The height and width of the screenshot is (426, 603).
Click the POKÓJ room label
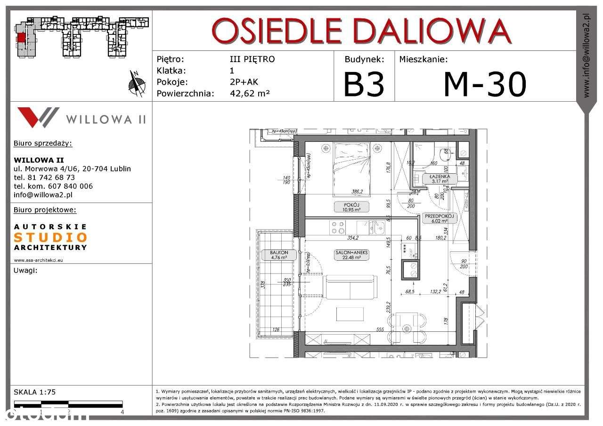pos(349,207)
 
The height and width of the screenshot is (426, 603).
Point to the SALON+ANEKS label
pos(351,255)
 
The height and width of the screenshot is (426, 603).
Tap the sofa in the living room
pos(351,287)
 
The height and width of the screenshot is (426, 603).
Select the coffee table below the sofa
pos(350,314)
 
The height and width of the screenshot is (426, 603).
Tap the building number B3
pos(364,84)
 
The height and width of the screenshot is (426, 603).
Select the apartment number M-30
pos(485,84)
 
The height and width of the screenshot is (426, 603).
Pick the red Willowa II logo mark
pos(38,117)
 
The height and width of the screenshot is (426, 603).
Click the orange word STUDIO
pos(50,237)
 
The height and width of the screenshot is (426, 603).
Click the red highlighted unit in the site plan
pos(21,38)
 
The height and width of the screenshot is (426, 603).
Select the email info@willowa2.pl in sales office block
pos(43,194)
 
